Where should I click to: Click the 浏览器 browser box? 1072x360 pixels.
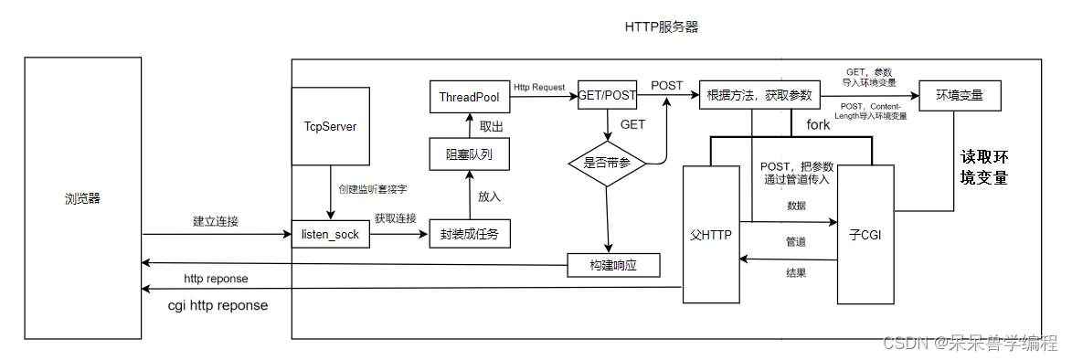coord(82,198)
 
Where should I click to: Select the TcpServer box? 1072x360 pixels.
coord(330,126)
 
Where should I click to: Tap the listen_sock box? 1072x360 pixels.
coord(330,235)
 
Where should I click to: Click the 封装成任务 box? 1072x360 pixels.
coord(470,235)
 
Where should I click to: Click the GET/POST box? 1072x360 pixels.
coord(606,95)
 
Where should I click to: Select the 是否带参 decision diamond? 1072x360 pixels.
coord(606,164)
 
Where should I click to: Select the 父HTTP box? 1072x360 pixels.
coord(710,235)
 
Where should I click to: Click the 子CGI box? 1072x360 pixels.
coord(865,235)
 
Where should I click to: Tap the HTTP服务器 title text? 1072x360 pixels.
coord(662,27)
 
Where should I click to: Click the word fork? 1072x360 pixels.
coord(818,124)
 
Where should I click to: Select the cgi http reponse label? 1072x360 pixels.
coord(218,305)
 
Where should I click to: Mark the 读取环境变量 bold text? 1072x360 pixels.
coord(984,166)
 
